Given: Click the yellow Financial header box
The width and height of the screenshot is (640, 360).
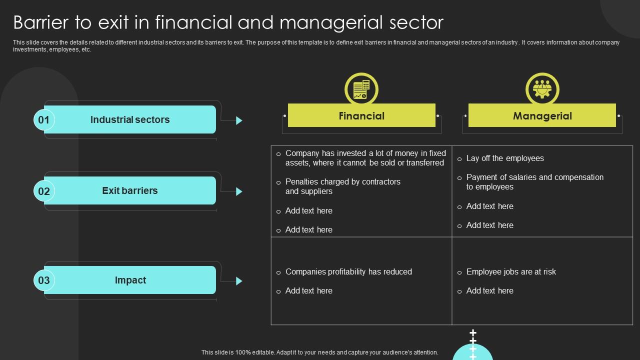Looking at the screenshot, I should coord(361,115).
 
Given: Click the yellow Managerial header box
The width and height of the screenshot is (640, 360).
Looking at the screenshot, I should coord(542,115).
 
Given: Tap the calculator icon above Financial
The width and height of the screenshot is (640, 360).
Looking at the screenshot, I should coord(361,90).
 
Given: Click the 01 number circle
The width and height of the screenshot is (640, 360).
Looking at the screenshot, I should coord(44,120).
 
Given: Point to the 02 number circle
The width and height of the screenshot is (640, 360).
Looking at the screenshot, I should coord(44,191).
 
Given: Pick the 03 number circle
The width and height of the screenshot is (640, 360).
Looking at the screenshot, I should coord(44,280).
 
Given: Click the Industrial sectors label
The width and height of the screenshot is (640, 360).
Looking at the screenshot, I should coord(130,120).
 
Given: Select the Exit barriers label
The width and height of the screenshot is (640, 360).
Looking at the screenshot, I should coord(130,190).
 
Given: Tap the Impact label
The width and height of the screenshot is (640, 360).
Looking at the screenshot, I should coord(130,280).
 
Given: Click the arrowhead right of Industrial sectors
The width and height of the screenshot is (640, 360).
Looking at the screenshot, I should coord(239,120).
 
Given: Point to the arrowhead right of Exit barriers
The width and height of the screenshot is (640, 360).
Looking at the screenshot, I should coord(239,191).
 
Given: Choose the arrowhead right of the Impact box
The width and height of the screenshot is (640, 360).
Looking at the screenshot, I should coord(239,281).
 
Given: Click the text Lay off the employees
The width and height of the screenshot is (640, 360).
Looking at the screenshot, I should coord(505,158).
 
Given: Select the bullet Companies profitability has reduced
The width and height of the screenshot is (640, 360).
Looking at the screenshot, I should coord(348,272).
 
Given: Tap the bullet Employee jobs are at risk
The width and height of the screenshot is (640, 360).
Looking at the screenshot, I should coord(511,272).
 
